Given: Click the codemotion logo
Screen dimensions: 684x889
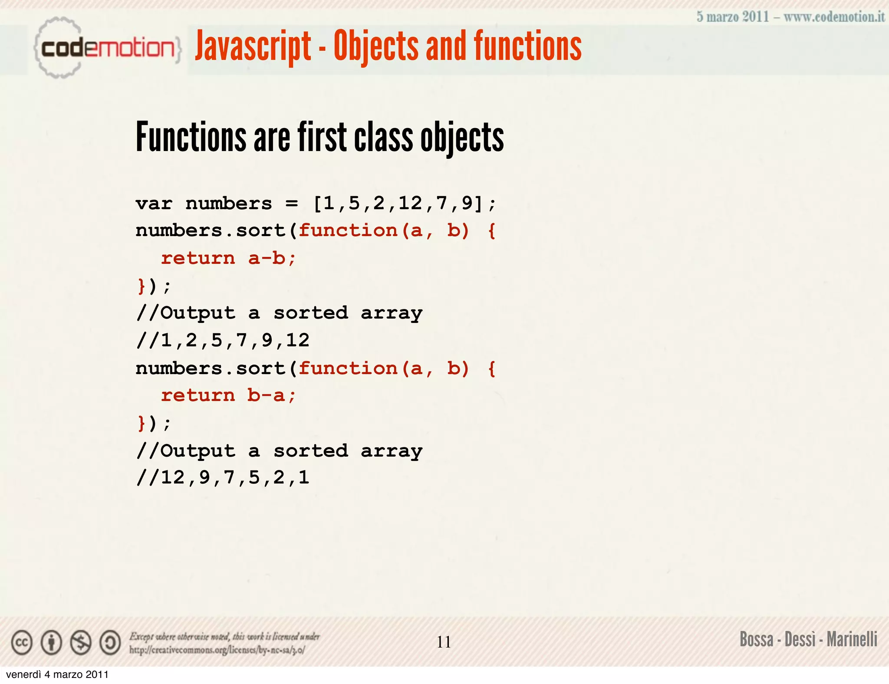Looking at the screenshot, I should (x=106, y=48).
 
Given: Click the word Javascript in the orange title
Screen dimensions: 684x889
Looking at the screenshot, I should (x=253, y=46).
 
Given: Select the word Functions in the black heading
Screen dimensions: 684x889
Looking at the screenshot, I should (x=191, y=137).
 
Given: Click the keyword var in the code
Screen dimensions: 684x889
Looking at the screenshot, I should (x=154, y=204).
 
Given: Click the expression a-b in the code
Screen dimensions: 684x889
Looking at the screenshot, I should (x=267, y=259).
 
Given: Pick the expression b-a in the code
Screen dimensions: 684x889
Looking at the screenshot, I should (x=266, y=395).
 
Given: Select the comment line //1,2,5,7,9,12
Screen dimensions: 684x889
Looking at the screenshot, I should (x=223, y=340).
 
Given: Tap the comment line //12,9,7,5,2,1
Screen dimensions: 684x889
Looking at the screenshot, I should (x=223, y=478).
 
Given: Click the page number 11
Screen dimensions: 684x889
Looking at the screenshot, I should (x=444, y=642).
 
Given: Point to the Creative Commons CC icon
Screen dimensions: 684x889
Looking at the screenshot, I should (x=22, y=643).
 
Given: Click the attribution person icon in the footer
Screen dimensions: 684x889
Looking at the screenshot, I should (x=51, y=643).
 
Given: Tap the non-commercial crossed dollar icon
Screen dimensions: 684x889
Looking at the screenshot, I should (x=81, y=643).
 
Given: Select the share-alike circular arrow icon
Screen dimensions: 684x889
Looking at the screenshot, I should (x=110, y=643).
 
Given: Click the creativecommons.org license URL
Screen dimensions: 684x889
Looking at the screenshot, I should (x=217, y=650).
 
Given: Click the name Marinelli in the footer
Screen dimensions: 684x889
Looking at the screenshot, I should (x=852, y=640).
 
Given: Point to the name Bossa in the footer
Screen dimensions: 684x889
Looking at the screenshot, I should (x=756, y=640).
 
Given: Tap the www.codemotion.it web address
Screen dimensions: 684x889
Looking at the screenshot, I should (x=834, y=17).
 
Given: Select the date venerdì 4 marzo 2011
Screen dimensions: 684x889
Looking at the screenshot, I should (x=57, y=674).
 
